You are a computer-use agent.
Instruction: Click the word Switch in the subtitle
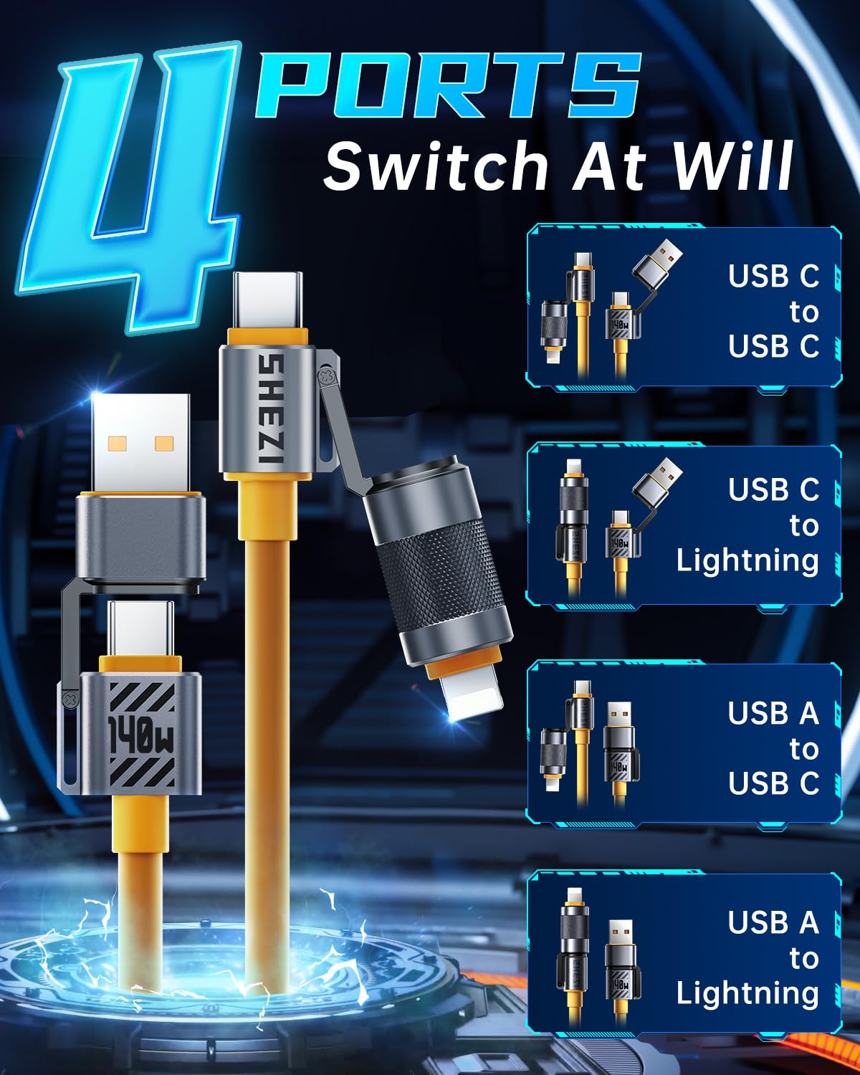(x=436, y=166)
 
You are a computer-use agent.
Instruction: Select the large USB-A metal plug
(x=140, y=443)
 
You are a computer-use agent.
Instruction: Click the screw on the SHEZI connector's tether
(x=326, y=375)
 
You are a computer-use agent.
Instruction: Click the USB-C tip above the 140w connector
(x=140, y=629)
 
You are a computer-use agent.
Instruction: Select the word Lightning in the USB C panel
(x=747, y=560)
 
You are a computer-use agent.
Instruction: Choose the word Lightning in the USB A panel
(x=747, y=993)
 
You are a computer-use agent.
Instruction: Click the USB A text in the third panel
(x=773, y=713)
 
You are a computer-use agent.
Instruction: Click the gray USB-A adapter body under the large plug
(x=141, y=540)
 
